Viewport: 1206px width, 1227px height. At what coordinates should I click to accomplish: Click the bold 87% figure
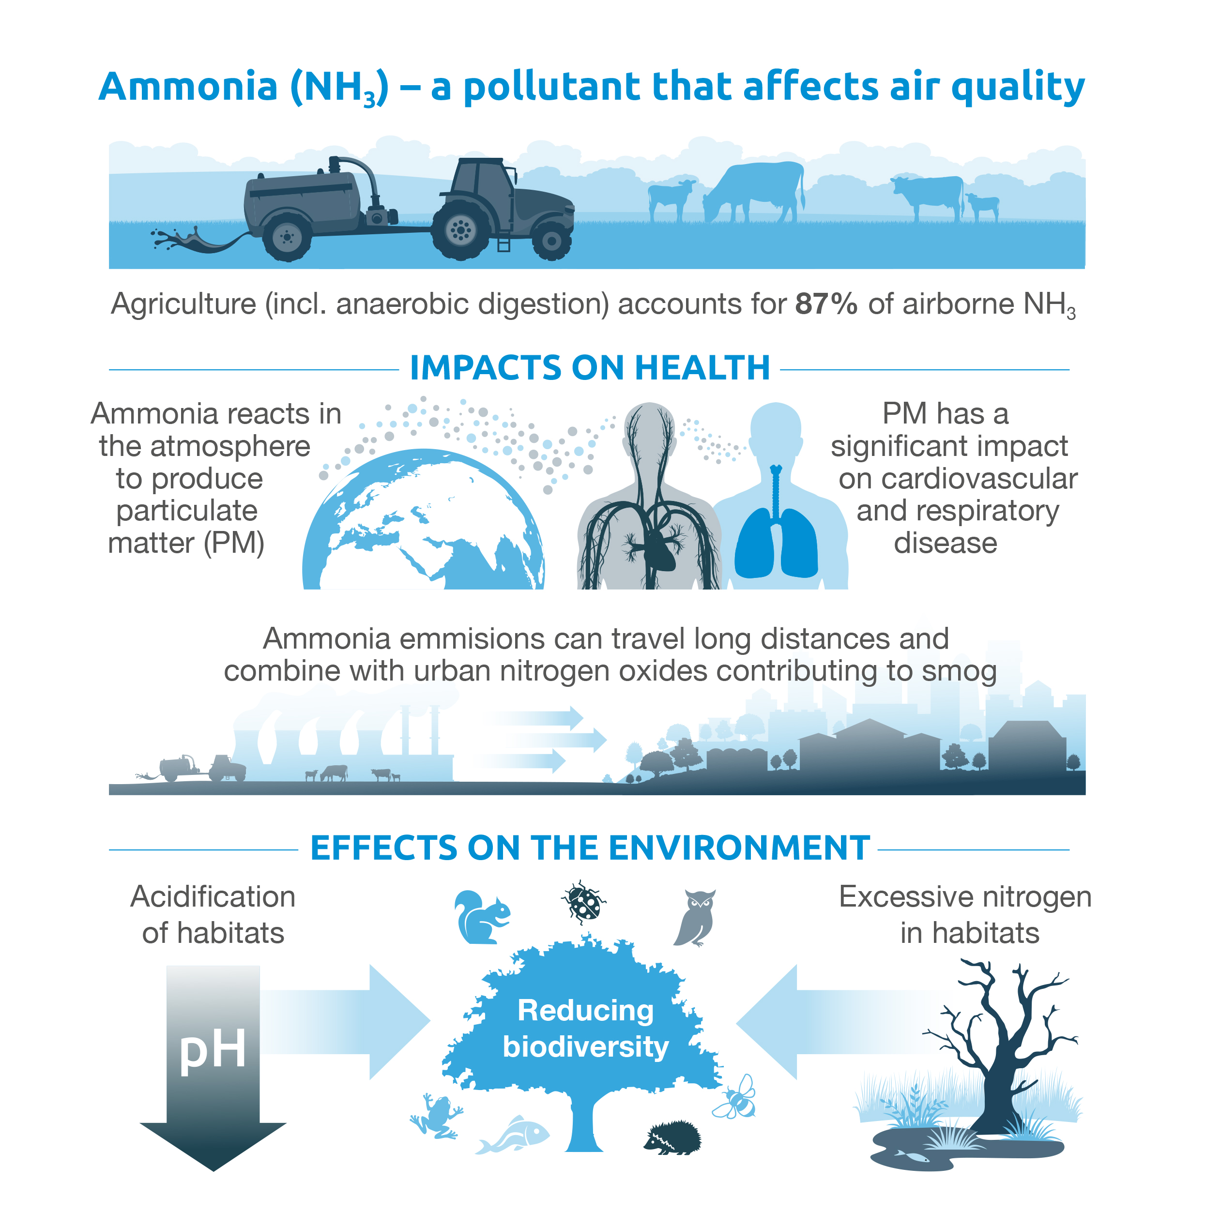826,304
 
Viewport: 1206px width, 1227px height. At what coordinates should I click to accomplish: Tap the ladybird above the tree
583,901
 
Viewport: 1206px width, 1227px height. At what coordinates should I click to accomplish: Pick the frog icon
436,1116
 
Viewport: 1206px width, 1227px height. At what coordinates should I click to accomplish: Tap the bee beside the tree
735,1097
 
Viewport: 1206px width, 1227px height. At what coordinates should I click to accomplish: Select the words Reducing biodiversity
585,1029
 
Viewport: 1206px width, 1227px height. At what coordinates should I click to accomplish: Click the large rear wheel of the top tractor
460,229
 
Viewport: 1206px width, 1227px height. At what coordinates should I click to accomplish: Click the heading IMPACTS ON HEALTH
590,368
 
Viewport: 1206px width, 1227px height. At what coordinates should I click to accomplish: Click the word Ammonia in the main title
188,86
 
